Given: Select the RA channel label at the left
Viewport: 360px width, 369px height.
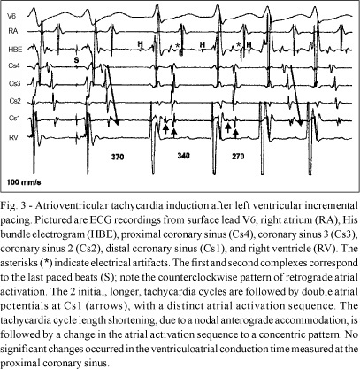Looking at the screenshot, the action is click(13, 31).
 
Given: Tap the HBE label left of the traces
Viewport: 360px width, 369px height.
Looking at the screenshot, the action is click(15, 49).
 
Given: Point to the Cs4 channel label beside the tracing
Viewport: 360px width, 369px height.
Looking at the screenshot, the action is click(14, 65).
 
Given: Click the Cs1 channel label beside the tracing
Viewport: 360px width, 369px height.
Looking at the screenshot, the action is click(14, 118).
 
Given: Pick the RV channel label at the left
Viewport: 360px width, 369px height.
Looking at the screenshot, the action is click(13, 137).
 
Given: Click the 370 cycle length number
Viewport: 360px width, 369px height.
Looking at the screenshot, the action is click(118, 157).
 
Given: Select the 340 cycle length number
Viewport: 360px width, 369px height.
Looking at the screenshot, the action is click(184, 156).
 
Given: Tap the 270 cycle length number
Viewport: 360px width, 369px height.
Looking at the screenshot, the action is click(238, 156).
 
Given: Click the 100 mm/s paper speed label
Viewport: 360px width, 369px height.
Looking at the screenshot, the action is click(24, 182).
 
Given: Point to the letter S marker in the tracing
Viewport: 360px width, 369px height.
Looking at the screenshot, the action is click(76, 60).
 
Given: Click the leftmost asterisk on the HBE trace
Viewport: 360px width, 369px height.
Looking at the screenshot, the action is click(177, 46).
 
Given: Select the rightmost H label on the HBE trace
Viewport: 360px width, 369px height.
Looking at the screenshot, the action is click(249, 44).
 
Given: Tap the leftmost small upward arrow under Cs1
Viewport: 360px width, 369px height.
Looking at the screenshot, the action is click(165, 128).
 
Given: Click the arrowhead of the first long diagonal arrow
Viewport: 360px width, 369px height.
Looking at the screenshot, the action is click(117, 122).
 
